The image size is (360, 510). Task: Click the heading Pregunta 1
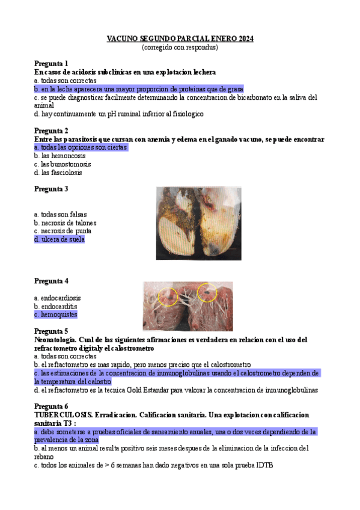[x=51, y=63]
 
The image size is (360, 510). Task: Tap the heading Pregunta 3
[x=51, y=189]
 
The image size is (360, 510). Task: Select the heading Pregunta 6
[x=51, y=406]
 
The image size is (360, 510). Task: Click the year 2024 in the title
[x=245, y=38]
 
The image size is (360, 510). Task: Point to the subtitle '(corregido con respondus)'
[x=180, y=47]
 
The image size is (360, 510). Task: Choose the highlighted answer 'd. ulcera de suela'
[x=59, y=239]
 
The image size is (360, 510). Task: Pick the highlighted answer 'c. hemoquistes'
[x=56, y=314]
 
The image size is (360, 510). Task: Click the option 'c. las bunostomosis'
[x=63, y=164]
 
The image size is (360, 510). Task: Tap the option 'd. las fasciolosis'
[x=58, y=173]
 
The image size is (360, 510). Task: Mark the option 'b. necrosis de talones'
[x=65, y=223]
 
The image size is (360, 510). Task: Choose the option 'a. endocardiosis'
[x=58, y=298]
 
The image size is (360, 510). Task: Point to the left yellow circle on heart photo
[x=168, y=295]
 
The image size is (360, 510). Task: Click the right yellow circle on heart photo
[x=207, y=292]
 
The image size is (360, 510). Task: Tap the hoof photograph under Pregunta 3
[x=198, y=223]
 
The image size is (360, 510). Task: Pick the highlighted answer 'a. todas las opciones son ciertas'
[x=81, y=147]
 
